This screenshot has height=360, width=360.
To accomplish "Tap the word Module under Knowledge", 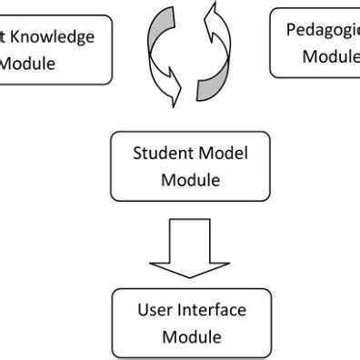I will [27, 64].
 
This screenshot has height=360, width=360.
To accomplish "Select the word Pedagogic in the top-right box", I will [323, 29].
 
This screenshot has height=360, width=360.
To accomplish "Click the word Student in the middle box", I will [160, 153].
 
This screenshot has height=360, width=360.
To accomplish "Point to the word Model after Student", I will [223, 153].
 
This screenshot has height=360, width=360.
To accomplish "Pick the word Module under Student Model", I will [190, 179].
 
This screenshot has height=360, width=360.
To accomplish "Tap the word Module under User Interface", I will [192, 337].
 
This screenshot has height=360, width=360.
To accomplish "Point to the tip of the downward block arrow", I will [191, 277].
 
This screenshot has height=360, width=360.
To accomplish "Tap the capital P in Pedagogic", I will [292, 29].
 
